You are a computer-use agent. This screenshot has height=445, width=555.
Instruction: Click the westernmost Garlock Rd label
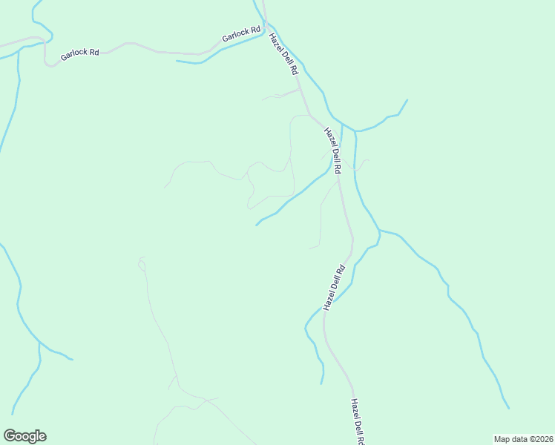coord(80,53)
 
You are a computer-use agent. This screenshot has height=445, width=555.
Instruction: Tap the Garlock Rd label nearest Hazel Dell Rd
coord(241,34)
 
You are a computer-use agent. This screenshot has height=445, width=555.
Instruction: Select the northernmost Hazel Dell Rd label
coord(283,54)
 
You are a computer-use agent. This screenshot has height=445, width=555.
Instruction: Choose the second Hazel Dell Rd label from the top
coord(332,151)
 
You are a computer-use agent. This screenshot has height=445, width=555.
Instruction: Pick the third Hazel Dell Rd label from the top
coord(335,287)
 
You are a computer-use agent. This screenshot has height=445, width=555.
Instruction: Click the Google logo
coord(24,436)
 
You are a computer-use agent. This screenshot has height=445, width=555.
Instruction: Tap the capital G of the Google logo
coord(10,436)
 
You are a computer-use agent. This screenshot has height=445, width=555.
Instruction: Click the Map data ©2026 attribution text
coord(523,439)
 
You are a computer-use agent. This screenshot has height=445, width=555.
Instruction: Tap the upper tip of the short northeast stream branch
coord(407,99)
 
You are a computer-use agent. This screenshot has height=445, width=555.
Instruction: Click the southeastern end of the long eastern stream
coord(509,408)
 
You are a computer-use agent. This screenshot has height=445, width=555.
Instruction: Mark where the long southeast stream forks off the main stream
coord(380,231)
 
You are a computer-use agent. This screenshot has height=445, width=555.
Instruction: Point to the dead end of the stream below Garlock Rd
coord(177,61)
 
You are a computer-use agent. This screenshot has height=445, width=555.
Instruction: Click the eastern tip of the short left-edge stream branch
coord(72,360)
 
